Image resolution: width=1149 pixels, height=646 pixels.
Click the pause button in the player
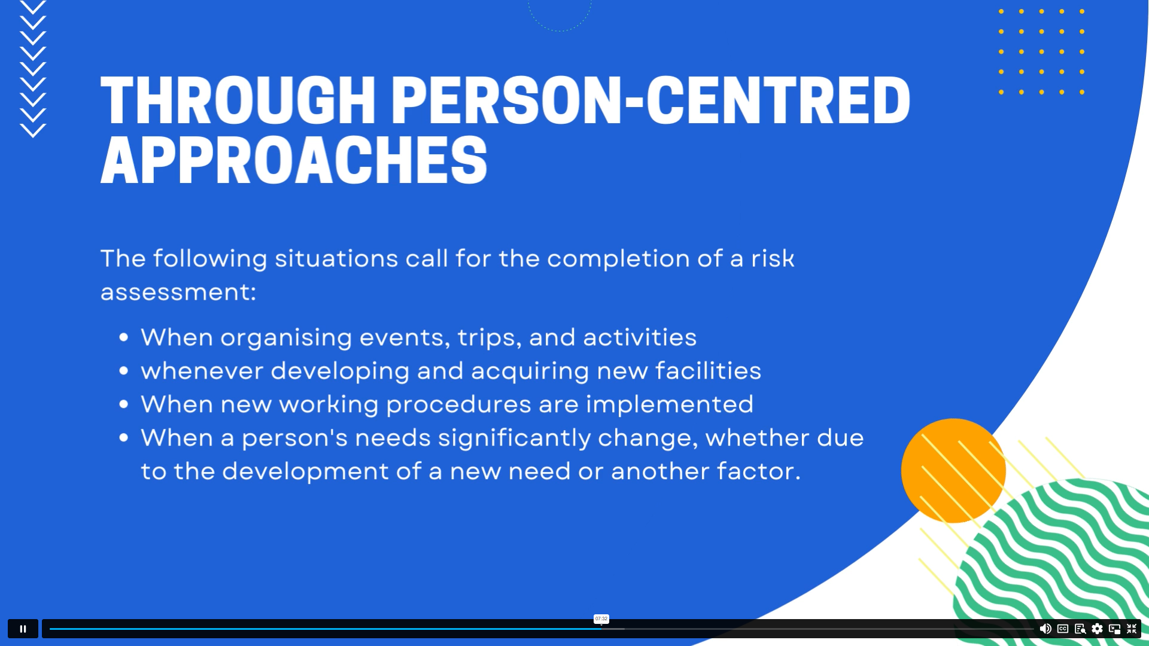pos(23,629)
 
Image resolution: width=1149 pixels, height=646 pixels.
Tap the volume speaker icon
pos(1045,629)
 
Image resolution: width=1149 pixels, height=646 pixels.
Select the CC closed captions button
pos(1063,629)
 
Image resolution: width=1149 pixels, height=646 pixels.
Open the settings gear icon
pos(1097,629)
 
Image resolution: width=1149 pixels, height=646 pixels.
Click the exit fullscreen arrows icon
pos(1132,629)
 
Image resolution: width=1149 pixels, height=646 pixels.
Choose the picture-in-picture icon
pos(1114,629)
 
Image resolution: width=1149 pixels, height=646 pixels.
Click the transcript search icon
pos(1080,629)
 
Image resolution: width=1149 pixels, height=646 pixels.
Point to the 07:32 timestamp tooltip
pos(601,619)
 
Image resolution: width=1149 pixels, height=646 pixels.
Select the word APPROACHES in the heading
pos(294,160)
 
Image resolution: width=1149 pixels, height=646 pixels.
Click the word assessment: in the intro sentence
pos(178,292)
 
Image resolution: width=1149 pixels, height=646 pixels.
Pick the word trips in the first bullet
pos(490,338)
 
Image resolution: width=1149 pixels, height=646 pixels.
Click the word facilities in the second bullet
pos(708,371)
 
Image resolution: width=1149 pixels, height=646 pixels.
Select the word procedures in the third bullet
pos(458,405)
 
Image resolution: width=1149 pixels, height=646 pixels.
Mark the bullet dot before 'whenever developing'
pos(124,371)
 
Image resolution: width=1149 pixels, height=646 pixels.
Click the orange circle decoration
pos(953,471)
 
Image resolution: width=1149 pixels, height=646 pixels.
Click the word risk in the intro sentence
pos(773,259)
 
